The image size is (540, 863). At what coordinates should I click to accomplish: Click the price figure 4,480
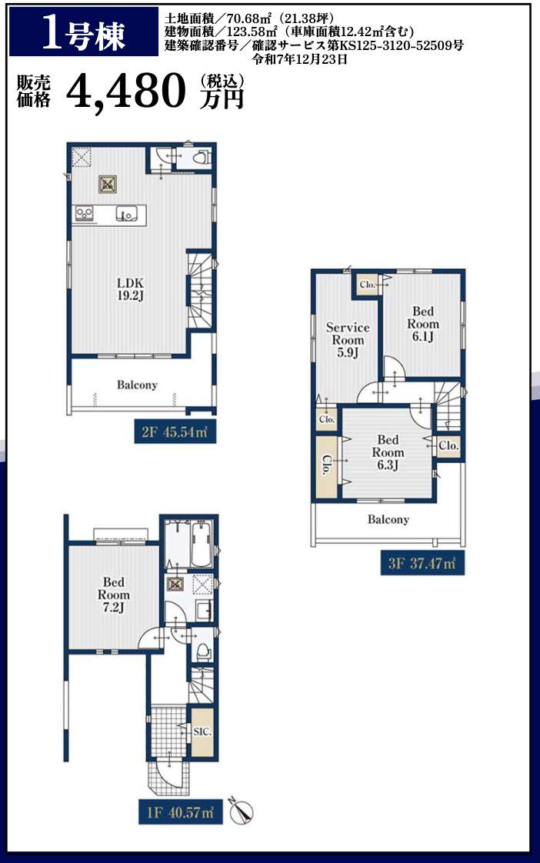coord(125,92)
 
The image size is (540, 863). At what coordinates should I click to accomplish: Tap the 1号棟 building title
coord(84,34)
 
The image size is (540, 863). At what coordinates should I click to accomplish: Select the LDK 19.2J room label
coord(131,289)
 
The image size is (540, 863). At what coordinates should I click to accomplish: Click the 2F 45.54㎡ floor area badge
coord(175,432)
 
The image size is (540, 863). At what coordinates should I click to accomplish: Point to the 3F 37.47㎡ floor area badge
coord(422,564)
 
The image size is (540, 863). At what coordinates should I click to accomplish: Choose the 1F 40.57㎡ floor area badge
coord(180,812)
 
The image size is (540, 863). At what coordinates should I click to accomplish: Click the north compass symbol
coord(241,811)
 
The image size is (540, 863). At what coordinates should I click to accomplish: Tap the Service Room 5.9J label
coord(348,340)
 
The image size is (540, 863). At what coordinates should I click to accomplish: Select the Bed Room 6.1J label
coord(423,324)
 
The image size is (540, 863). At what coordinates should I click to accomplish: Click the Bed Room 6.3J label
coord(388,452)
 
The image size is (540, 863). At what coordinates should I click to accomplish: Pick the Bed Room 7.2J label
coord(114,595)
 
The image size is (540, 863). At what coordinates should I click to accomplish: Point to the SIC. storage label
coord(202,732)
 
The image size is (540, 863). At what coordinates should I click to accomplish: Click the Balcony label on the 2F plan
coord(137,385)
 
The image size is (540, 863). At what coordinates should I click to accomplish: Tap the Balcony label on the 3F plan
coord(388,519)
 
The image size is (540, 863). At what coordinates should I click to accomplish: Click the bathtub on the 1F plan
coord(202,544)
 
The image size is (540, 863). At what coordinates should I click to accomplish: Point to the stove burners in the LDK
coord(84,212)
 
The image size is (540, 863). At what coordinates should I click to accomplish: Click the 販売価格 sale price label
coord(34,92)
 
